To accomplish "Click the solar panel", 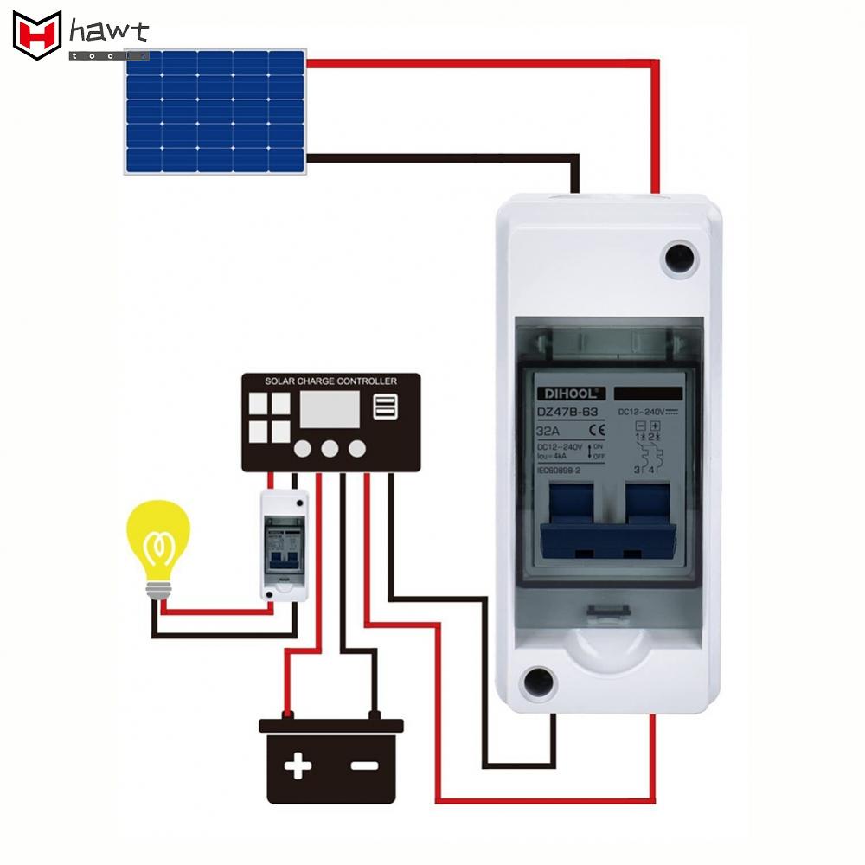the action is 215,112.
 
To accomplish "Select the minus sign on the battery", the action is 364,766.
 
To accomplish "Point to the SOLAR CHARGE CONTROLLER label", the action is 330,381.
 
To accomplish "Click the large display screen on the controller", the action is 330,411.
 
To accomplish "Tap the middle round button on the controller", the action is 330,448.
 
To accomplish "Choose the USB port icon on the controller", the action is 385,407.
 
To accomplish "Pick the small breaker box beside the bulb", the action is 285,545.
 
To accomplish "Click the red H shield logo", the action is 37,35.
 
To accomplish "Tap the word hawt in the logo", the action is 109,33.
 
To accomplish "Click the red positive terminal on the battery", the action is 288,715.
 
